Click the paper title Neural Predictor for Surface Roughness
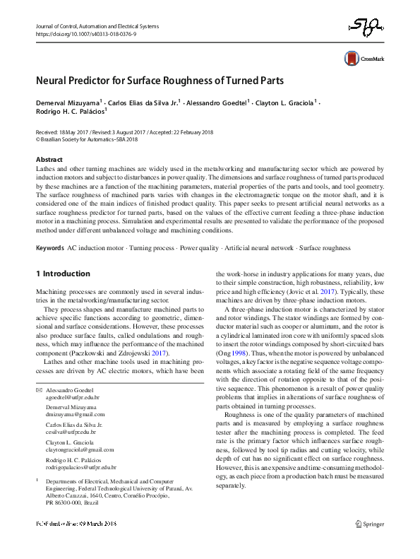[160, 80]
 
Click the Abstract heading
[48, 160]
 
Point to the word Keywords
[50, 248]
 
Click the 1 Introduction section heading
[62, 273]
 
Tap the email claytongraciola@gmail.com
[80, 449]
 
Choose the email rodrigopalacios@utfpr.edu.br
[81, 467]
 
